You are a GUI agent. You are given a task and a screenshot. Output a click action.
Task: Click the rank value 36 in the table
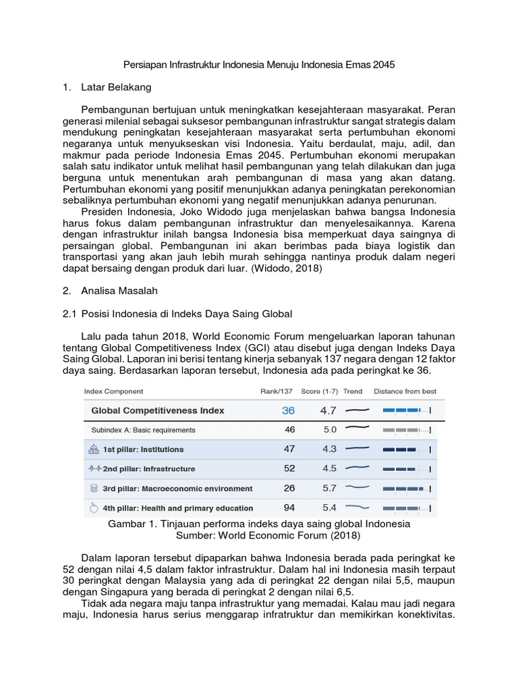tap(289, 410)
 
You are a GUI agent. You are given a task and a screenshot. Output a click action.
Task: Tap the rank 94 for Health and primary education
tap(289, 507)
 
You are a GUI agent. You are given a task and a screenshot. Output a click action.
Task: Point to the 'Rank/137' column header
tap(277, 391)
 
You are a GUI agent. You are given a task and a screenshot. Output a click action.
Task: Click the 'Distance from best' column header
tap(405, 391)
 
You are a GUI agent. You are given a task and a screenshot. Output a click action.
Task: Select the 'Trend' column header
tap(353, 391)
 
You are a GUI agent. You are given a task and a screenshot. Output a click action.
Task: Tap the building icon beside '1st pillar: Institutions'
tap(94, 449)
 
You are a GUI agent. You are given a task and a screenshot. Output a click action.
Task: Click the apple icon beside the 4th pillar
tap(94, 507)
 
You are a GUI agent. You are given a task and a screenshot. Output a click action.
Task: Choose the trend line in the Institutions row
tap(357, 448)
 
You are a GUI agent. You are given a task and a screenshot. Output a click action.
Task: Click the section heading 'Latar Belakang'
tap(116, 88)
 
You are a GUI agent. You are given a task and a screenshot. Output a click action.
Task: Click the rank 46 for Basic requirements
tap(289, 429)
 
